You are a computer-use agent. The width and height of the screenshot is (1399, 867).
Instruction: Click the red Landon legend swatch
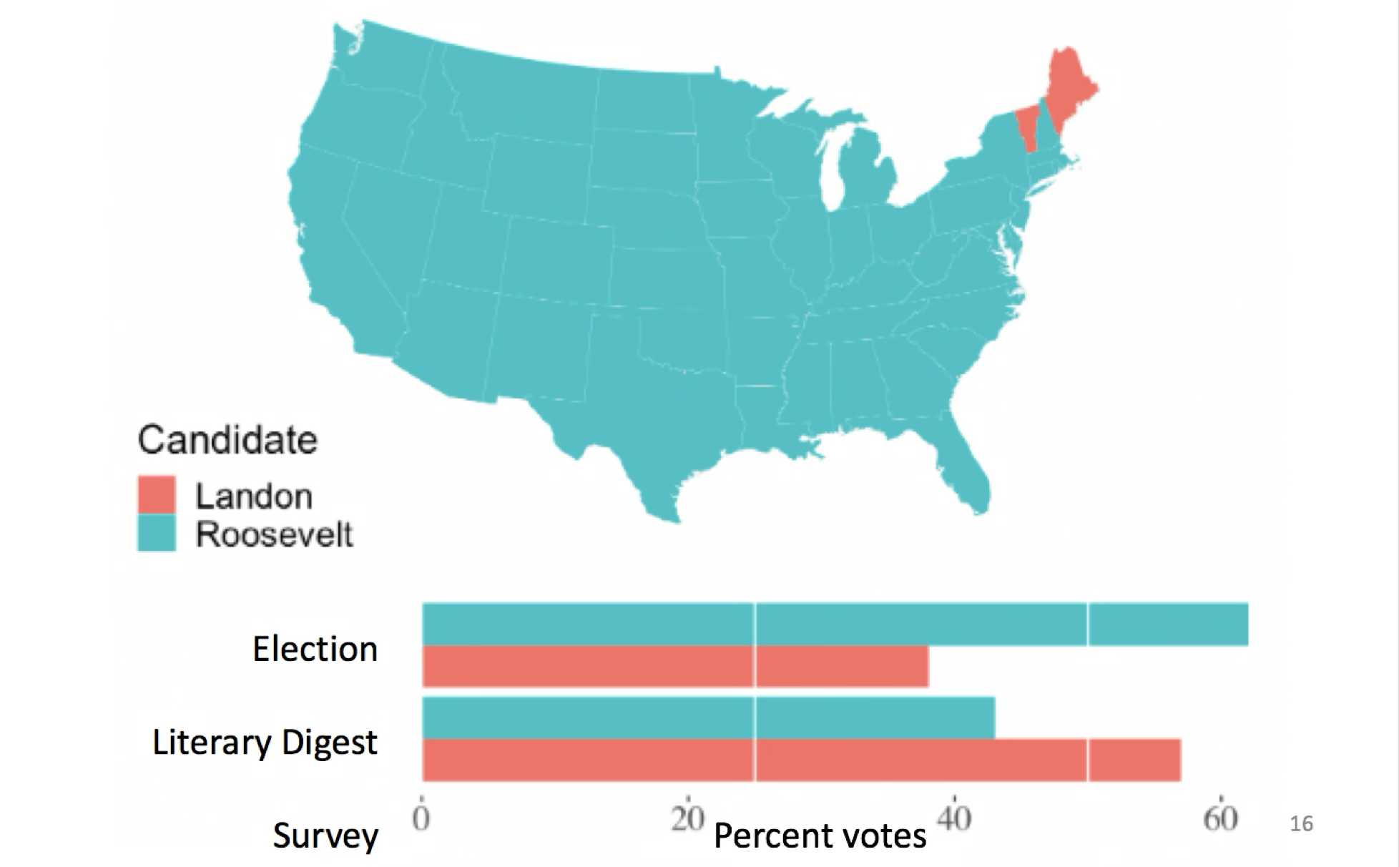click(x=156, y=495)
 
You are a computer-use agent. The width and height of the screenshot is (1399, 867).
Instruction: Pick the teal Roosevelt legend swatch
click(x=156, y=533)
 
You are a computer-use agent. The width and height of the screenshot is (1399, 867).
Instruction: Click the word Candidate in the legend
click(x=227, y=440)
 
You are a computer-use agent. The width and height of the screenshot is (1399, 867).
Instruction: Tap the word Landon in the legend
click(x=254, y=496)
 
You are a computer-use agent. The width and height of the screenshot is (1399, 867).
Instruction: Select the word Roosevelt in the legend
click(x=275, y=534)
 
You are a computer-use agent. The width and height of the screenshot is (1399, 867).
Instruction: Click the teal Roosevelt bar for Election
click(x=835, y=624)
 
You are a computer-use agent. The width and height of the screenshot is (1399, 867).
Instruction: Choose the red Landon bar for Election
click(x=675, y=667)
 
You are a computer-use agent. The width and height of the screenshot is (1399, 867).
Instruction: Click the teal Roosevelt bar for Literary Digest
click(x=708, y=717)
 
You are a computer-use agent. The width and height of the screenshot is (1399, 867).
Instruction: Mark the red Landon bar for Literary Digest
click(x=801, y=760)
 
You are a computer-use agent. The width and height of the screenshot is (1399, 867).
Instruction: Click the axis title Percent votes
click(x=820, y=836)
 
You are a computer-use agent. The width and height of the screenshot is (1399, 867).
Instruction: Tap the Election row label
click(x=315, y=650)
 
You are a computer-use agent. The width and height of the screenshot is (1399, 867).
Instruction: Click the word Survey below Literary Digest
click(x=325, y=836)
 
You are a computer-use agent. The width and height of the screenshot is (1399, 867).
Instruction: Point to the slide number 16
click(x=1301, y=824)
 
